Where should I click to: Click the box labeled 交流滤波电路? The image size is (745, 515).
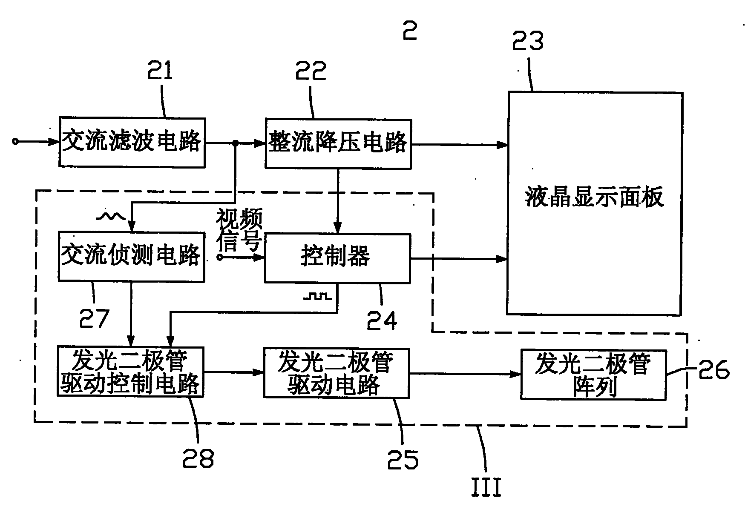(x=132, y=142)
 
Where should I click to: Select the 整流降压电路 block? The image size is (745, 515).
(x=338, y=143)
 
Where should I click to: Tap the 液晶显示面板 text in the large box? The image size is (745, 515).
(x=594, y=197)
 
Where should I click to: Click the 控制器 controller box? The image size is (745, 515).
(x=337, y=258)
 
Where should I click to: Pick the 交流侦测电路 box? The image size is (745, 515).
(x=131, y=256)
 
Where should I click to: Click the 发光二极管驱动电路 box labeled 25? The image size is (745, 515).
(x=336, y=373)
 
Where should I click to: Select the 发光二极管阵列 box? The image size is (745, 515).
(x=593, y=375)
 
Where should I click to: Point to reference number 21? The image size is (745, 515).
(x=160, y=71)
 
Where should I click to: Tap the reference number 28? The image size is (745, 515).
(x=198, y=458)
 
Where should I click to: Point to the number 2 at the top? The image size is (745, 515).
(x=410, y=30)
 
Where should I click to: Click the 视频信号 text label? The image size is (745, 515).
(x=239, y=230)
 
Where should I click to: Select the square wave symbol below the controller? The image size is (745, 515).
(x=317, y=296)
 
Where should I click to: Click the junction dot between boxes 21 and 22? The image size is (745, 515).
(x=235, y=144)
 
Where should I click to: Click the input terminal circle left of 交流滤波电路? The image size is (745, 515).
(x=15, y=142)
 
